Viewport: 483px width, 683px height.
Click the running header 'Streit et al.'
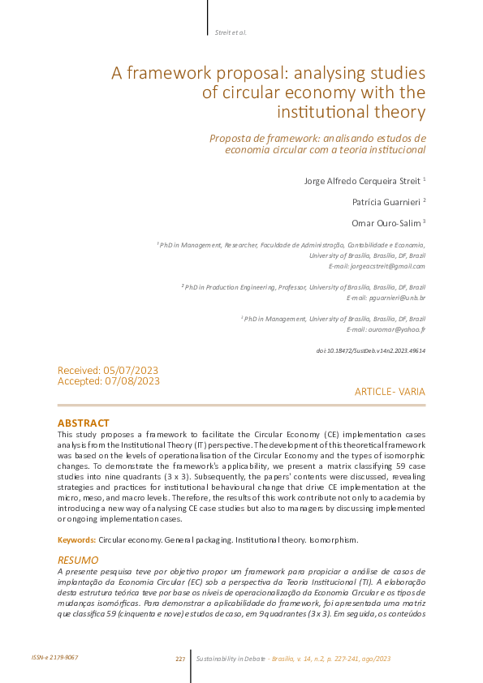click(231, 32)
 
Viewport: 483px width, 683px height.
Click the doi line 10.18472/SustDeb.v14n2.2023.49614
click(369, 351)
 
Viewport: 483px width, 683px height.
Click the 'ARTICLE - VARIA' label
click(390, 392)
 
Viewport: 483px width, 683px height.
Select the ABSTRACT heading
click(83, 423)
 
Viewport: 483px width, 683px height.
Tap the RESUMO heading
click(78, 560)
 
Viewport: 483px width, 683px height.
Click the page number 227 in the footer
click(180, 659)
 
